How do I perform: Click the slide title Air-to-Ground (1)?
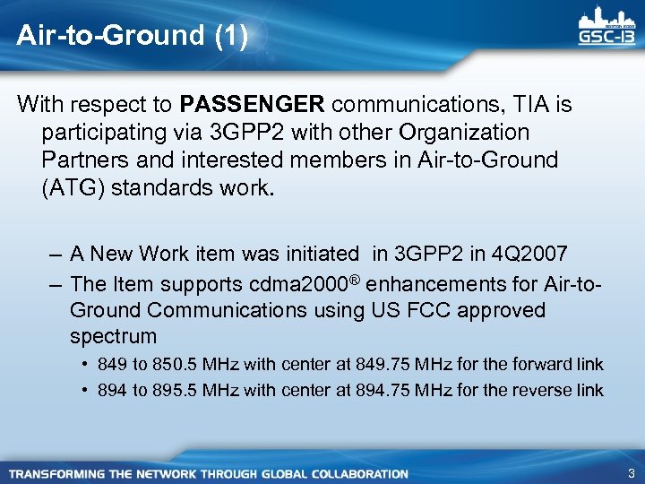(x=132, y=36)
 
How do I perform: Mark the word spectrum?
(x=113, y=336)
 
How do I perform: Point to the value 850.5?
(x=176, y=365)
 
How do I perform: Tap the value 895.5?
(x=176, y=390)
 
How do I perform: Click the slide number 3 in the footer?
(x=632, y=472)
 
